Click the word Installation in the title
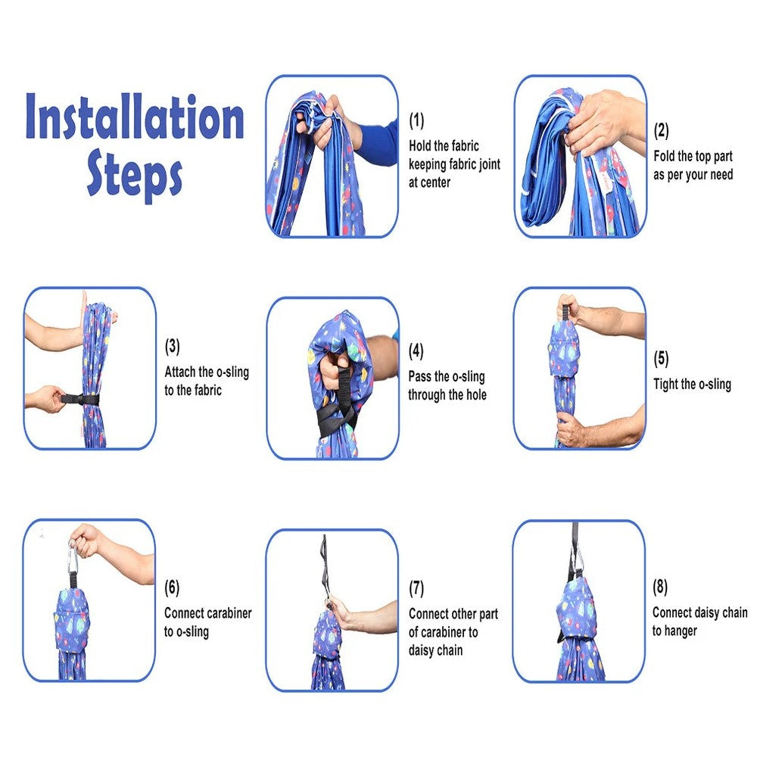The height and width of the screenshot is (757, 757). coord(135,117)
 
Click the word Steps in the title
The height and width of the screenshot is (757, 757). coord(135,173)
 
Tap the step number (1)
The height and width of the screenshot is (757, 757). coord(416,120)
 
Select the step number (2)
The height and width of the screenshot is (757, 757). coord(662,131)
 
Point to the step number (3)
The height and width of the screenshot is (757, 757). coord(173,347)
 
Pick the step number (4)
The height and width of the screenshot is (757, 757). coord(416,351)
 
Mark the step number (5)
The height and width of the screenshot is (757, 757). coord(662,359)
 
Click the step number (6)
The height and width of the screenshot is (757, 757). coord(172,587)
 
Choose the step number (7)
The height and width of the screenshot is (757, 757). coord(416,588)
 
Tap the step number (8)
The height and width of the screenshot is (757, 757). coord(660,587)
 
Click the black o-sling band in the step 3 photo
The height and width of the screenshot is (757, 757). coord(79,399)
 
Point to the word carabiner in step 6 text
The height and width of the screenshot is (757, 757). coord(229,613)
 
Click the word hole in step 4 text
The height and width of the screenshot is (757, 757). coord(476,395)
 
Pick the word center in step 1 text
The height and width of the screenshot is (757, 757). coord(436,183)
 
